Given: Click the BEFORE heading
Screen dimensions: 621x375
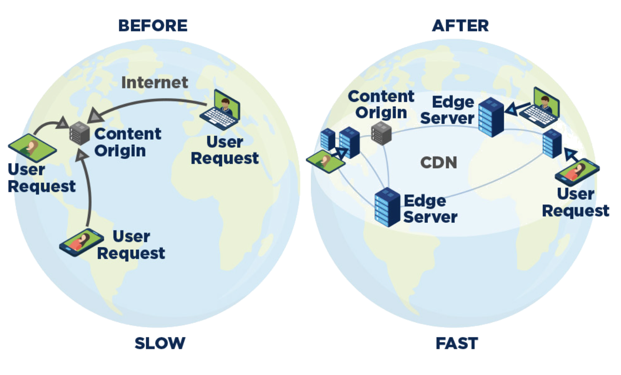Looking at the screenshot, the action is (x=153, y=26).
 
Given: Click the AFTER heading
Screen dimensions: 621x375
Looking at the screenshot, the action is (x=460, y=26).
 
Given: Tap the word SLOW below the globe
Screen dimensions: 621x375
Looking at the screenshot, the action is (x=160, y=343).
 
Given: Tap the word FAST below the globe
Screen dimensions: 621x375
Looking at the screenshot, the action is (x=457, y=343).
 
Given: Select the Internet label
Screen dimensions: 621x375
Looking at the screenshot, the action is (x=155, y=82).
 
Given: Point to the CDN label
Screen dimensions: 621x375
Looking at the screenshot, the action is (x=438, y=162).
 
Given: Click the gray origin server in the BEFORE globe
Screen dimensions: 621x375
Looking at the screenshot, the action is (x=80, y=133).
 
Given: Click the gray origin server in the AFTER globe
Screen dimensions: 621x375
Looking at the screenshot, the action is (x=381, y=133).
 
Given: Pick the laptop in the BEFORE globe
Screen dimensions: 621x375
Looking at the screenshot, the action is (x=220, y=110).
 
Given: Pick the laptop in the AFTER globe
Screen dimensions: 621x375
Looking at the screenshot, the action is (x=539, y=107).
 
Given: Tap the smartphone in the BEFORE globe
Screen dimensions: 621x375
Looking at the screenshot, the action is (x=82, y=243).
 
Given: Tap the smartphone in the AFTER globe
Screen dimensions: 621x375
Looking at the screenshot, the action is (x=577, y=172).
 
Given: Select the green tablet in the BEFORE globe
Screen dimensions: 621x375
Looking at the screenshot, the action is (x=32, y=148).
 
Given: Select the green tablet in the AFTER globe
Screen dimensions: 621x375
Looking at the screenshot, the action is (x=326, y=161).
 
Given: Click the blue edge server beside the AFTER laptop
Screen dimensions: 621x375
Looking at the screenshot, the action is (x=491, y=117).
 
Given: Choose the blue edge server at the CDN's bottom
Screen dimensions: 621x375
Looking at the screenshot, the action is (x=387, y=207).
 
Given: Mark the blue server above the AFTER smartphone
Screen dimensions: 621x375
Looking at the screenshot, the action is (x=552, y=144).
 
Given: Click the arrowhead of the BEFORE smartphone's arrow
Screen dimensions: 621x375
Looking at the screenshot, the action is (x=82, y=155).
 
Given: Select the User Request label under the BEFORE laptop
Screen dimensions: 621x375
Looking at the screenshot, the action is (x=225, y=150).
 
